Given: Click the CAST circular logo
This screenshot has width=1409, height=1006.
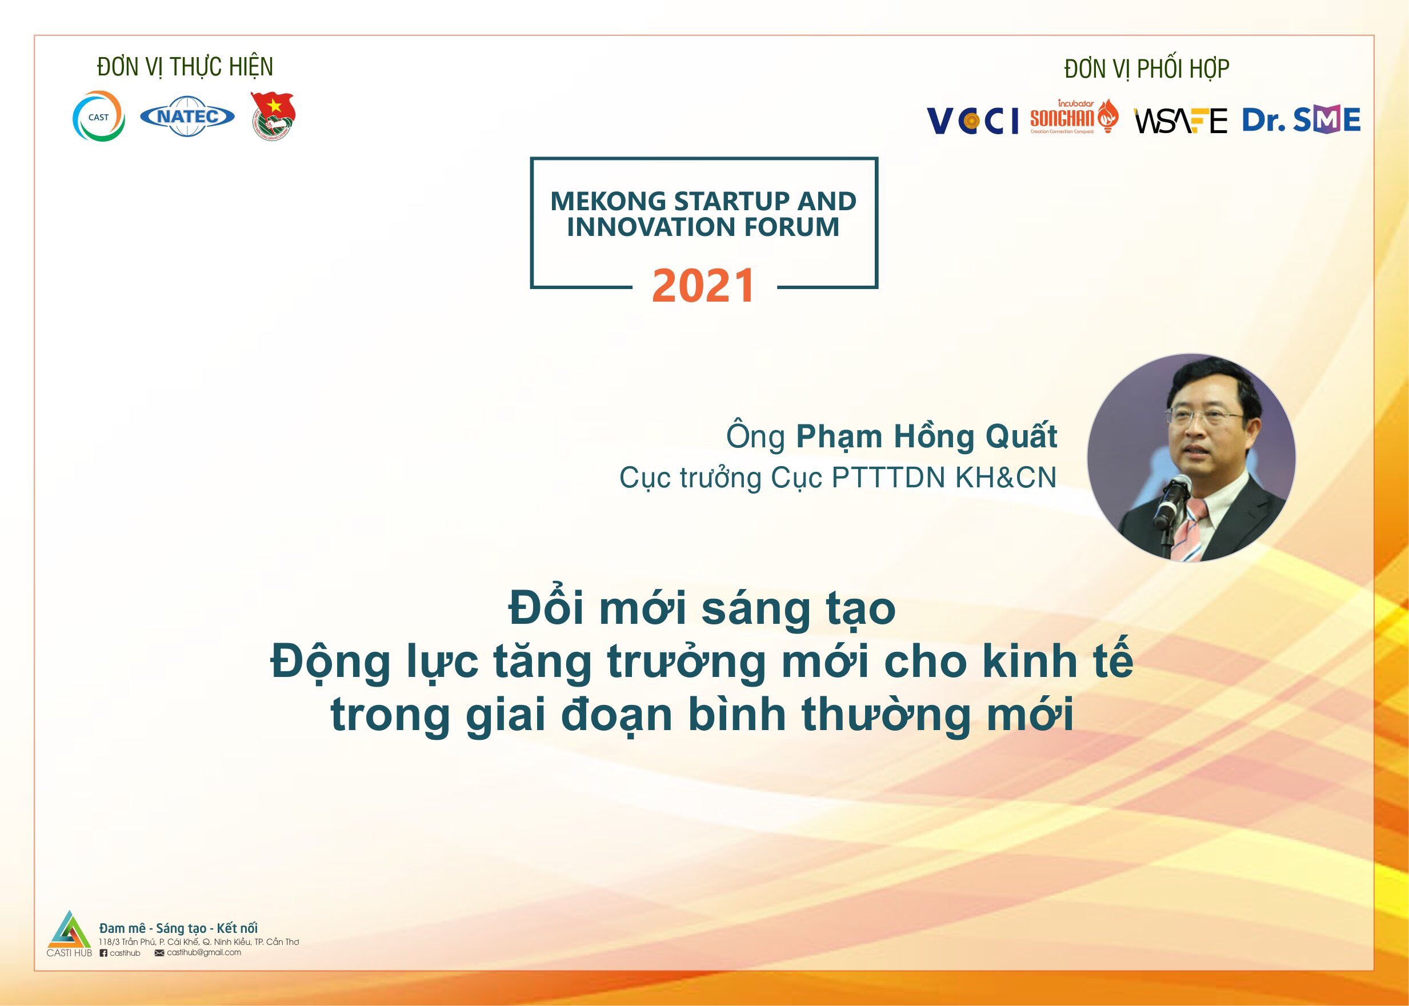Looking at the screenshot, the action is pyautogui.click(x=99, y=117).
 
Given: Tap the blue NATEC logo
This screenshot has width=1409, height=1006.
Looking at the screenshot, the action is pyautogui.click(x=187, y=116).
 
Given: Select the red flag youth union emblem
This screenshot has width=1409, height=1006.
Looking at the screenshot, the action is pyautogui.click(x=273, y=116).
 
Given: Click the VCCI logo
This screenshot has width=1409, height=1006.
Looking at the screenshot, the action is pyautogui.click(x=972, y=120).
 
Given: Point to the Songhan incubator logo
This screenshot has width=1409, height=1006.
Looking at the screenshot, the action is pyautogui.click(x=1074, y=117).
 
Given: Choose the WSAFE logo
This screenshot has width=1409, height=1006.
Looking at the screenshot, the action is pyautogui.click(x=1180, y=121).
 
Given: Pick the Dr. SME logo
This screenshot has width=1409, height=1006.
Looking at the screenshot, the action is pyautogui.click(x=1301, y=119).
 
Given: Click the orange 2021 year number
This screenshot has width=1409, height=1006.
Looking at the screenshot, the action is pyautogui.click(x=704, y=286).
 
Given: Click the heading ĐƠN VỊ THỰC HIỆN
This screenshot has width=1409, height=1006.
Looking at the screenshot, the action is pyautogui.click(x=185, y=67).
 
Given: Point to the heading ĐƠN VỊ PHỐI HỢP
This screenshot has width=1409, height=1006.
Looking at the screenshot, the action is pyautogui.click(x=1147, y=69).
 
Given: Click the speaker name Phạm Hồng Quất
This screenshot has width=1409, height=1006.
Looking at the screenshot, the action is pyautogui.click(x=926, y=436).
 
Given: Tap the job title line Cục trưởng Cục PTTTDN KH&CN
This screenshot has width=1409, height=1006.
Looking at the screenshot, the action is pyautogui.click(x=838, y=478).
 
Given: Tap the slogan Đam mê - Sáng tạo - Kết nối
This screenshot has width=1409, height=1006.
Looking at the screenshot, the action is pyautogui.click(x=178, y=928).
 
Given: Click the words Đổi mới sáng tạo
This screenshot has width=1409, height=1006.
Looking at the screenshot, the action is pyautogui.click(x=702, y=610).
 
